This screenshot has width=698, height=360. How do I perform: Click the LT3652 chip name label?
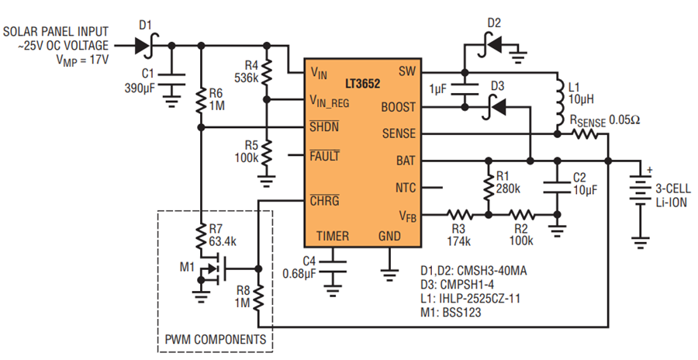point(362,83)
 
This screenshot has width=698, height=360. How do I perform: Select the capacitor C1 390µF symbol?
point(171,79)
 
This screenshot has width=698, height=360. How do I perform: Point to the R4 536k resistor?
point(267,73)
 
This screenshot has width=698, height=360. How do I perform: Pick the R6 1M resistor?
point(201,101)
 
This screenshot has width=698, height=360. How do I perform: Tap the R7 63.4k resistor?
point(201,236)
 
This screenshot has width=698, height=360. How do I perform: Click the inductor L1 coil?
point(558,102)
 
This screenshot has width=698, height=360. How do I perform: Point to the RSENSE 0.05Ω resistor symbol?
point(585,133)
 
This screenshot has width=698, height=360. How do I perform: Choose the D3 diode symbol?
point(494,107)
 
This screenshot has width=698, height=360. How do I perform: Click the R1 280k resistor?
point(489,187)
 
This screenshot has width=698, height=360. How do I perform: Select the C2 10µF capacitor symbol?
point(556,187)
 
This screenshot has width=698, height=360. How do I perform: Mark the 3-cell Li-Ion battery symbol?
point(640,189)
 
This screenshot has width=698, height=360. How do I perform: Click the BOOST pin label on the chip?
point(398,107)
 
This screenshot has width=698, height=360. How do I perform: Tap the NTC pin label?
point(405,188)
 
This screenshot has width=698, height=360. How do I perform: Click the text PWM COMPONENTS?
point(216,340)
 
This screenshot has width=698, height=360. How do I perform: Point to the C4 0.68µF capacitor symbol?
point(333,265)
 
